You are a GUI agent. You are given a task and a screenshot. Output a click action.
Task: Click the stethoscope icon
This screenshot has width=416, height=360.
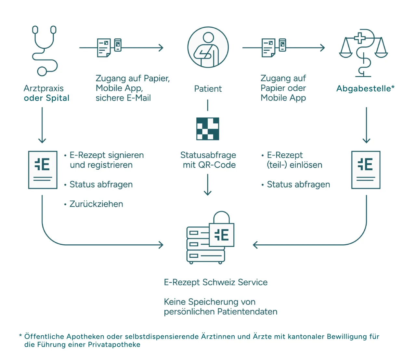45,51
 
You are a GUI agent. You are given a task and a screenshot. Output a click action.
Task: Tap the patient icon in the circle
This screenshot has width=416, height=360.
208,47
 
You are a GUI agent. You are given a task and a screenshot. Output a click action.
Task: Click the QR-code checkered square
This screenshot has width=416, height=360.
208,129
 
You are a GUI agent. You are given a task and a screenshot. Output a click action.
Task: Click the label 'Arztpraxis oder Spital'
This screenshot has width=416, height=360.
46,93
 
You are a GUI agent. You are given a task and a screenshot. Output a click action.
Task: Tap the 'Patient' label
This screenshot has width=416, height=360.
208,89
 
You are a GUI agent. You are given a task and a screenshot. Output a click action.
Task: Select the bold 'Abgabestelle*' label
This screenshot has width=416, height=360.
365,88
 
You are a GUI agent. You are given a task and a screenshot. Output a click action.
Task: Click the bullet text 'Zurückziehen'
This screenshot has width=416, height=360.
96,204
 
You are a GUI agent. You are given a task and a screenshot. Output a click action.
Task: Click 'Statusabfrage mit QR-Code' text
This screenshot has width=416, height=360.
208,160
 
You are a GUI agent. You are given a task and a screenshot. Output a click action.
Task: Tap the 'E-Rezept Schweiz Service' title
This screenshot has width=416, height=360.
215,282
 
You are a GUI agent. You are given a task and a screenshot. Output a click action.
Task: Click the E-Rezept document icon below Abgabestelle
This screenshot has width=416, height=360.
366,170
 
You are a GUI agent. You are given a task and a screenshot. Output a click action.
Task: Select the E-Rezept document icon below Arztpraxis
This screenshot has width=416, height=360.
43,170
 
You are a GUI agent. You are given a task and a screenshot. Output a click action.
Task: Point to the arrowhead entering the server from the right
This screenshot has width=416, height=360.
255,245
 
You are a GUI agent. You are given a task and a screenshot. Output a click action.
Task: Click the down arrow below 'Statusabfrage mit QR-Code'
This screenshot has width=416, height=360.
208,185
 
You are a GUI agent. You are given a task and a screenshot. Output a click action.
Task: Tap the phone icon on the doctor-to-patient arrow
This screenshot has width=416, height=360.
118,45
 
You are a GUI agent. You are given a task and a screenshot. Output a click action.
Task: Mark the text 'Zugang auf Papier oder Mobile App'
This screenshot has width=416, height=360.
283,88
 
